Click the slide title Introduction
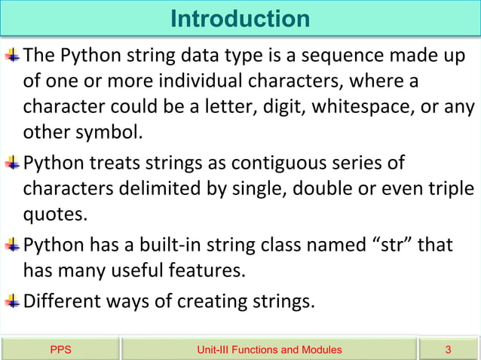[x=240, y=18]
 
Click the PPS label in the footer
[x=60, y=349]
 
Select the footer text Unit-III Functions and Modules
[x=268, y=349]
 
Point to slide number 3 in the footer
[x=449, y=349]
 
